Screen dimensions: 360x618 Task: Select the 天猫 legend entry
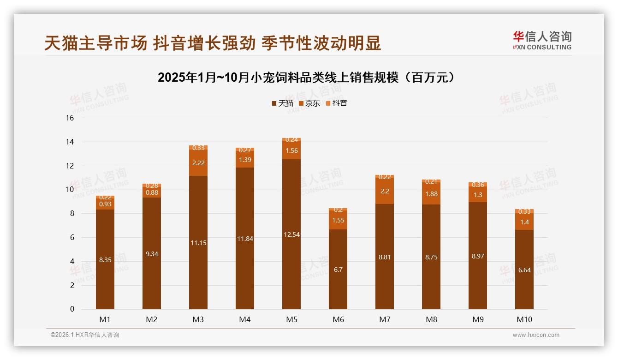(x=283, y=103)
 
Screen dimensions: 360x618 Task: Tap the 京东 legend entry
(x=309, y=103)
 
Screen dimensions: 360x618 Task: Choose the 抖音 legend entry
(x=337, y=103)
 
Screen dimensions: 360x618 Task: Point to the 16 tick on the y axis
(x=70, y=118)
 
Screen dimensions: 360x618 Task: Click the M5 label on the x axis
(x=291, y=319)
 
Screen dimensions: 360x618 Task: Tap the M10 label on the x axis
(x=524, y=319)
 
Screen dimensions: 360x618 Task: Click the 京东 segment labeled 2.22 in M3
(x=198, y=163)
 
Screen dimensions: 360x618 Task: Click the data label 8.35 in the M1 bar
(x=105, y=260)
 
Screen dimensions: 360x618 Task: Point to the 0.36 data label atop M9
(x=478, y=185)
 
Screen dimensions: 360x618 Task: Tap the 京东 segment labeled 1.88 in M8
(x=431, y=194)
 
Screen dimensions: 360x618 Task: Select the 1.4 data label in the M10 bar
(x=524, y=222)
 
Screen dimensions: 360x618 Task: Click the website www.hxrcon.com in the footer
(x=536, y=335)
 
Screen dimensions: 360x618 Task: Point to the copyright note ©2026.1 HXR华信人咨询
(x=85, y=335)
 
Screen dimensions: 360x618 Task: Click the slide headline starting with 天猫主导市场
(x=213, y=43)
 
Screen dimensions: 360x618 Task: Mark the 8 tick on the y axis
(x=71, y=214)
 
